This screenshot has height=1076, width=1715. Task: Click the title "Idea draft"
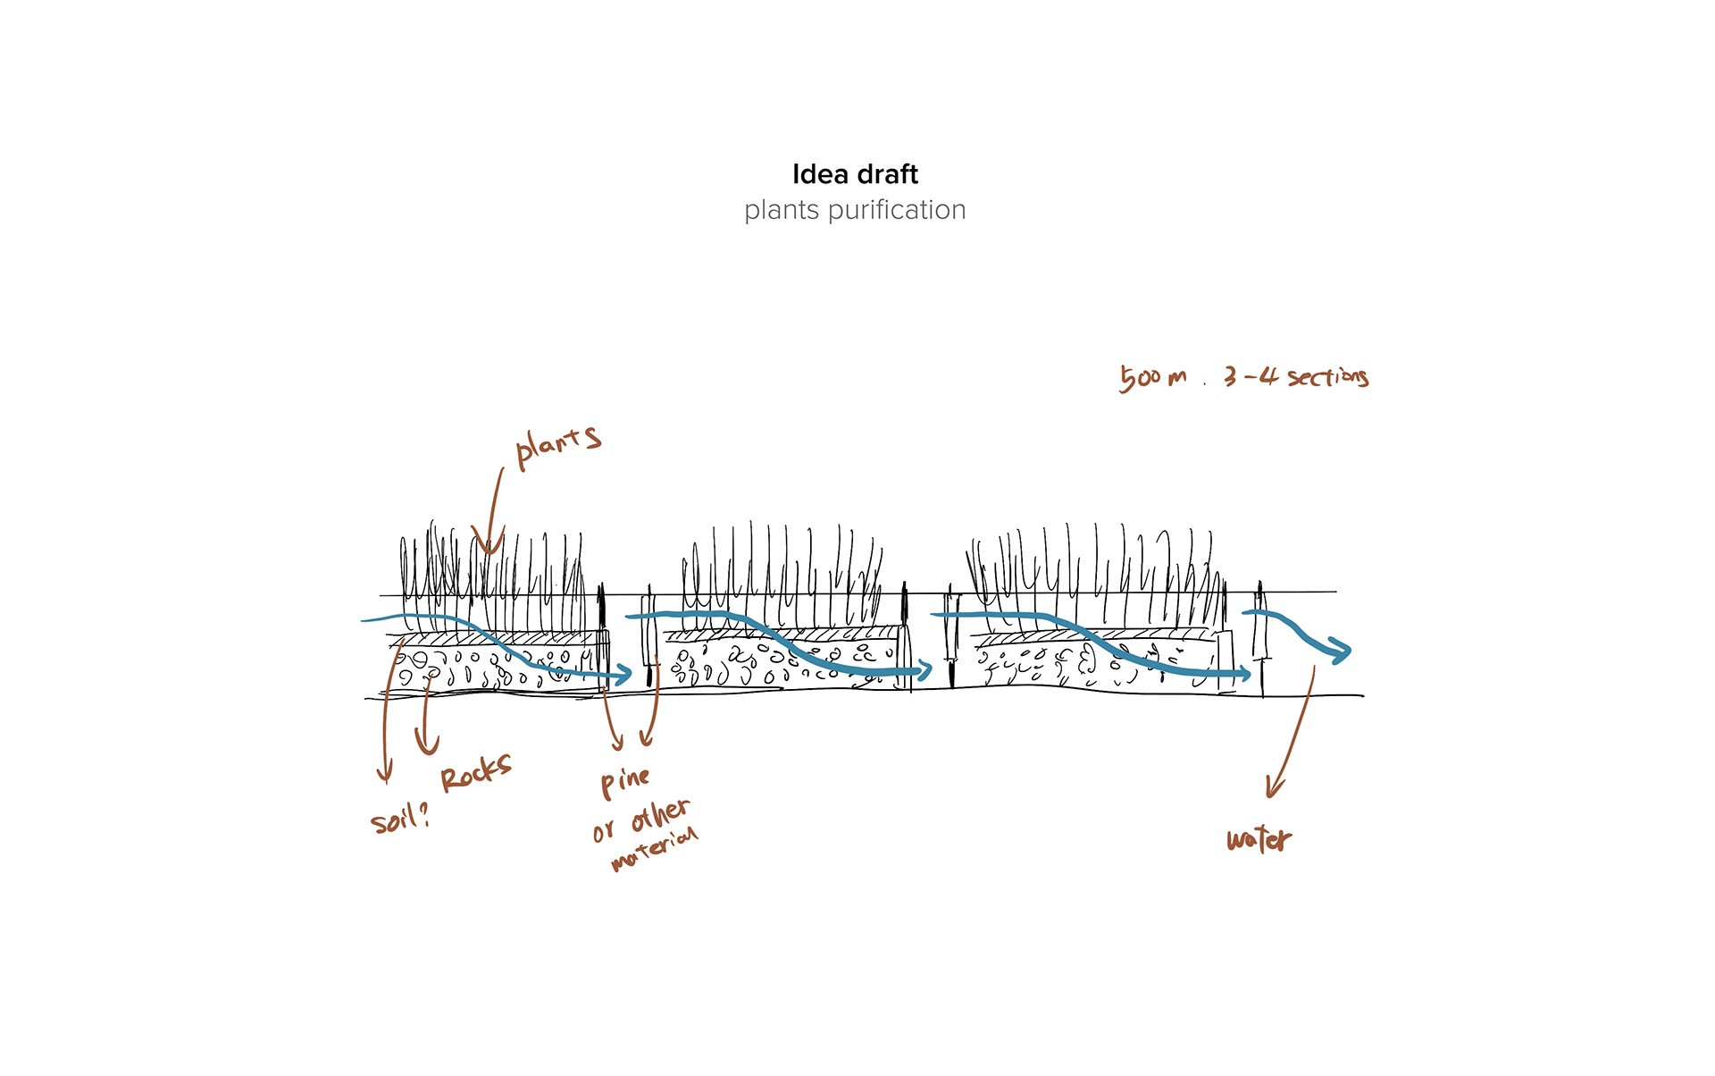(855, 174)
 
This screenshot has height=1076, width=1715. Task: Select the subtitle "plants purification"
(855, 210)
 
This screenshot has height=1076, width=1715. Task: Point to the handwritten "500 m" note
(1153, 377)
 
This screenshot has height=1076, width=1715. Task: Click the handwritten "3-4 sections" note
(1296, 376)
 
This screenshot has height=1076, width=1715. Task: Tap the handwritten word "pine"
(624, 781)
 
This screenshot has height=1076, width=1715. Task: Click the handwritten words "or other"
(641, 820)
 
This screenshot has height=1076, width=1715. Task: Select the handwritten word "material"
(655, 850)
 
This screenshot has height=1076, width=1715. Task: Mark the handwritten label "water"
(1259, 839)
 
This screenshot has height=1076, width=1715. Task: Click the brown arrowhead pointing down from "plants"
(487, 545)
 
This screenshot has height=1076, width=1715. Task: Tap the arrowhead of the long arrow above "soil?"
(385, 774)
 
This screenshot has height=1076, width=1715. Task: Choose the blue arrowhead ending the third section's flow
(1243, 674)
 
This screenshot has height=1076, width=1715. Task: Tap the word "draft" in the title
(887, 174)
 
